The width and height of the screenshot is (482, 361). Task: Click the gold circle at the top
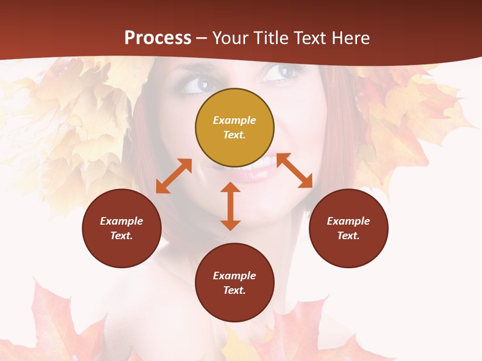pyautogui.click(x=234, y=127)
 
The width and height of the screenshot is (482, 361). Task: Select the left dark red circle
pyautogui.click(x=122, y=228)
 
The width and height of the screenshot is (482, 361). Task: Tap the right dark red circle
pyautogui.click(x=348, y=228)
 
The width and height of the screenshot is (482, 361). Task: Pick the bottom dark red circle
pyautogui.click(x=234, y=282)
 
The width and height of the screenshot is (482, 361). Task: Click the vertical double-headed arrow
pyautogui.click(x=230, y=206)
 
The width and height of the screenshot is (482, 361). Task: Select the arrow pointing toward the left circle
pyautogui.click(x=174, y=176)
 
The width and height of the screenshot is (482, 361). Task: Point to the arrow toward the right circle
pyautogui.click(x=294, y=170)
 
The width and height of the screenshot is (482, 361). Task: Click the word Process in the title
pyautogui.click(x=158, y=38)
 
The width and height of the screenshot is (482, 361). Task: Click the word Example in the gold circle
pyautogui.click(x=234, y=120)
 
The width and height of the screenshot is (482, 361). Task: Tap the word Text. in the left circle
pyautogui.click(x=122, y=236)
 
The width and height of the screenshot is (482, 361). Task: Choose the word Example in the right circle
pyautogui.click(x=348, y=221)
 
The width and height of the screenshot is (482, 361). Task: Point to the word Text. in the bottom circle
pyautogui.click(x=234, y=290)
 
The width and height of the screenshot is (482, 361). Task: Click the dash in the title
pyautogui.click(x=202, y=38)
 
